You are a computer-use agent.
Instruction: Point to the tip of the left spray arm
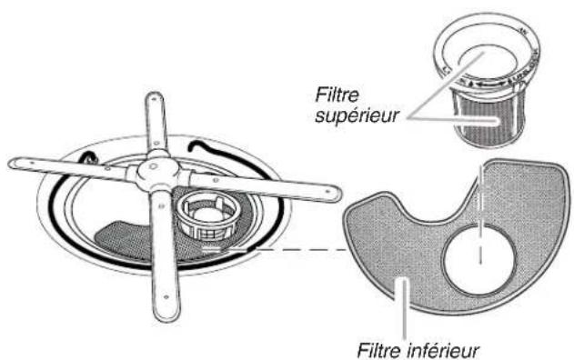tap(16, 164)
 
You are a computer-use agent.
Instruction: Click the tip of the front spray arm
tap(165, 310)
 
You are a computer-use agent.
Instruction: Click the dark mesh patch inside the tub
tap(123, 237)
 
